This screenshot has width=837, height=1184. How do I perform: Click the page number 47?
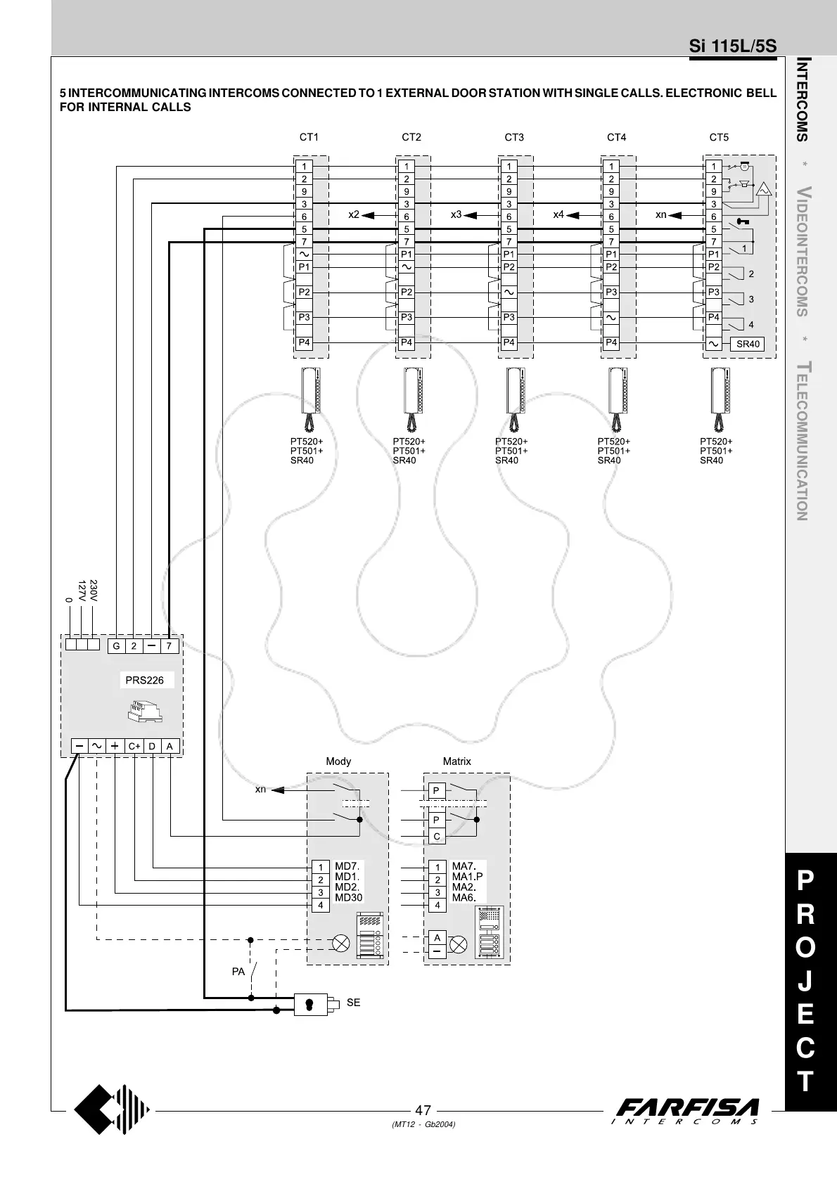pyautogui.click(x=423, y=1111)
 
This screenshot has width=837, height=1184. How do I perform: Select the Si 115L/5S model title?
pyautogui.click(x=733, y=46)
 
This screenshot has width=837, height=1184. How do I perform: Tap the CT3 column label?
pyautogui.click(x=514, y=137)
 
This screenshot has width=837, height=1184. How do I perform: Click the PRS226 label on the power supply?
pyautogui.click(x=144, y=680)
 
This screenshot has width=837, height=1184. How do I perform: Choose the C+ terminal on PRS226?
pyautogui.click(x=134, y=746)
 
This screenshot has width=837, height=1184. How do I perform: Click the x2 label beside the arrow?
pyautogui.click(x=354, y=214)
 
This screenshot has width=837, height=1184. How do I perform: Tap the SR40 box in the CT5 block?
pyautogui.click(x=747, y=344)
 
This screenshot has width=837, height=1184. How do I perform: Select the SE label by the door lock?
pyautogui.click(x=353, y=1003)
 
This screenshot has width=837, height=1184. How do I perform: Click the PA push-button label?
pyautogui.click(x=238, y=972)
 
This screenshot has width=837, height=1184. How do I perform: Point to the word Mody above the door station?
pyautogui.click(x=338, y=761)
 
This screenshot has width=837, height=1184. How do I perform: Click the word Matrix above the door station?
pyautogui.click(x=457, y=761)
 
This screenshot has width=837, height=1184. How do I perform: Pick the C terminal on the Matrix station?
pyautogui.click(x=437, y=837)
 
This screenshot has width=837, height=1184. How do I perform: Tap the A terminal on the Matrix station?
pyautogui.click(x=437, y=938)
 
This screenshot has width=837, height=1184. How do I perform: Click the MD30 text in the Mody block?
pyautogui.click(x=349, y=897)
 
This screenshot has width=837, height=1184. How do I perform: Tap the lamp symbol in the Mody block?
pyautogui.click(x=341, y=944)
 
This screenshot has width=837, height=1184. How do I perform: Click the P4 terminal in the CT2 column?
pyautogui.click(x=407, y=342)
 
